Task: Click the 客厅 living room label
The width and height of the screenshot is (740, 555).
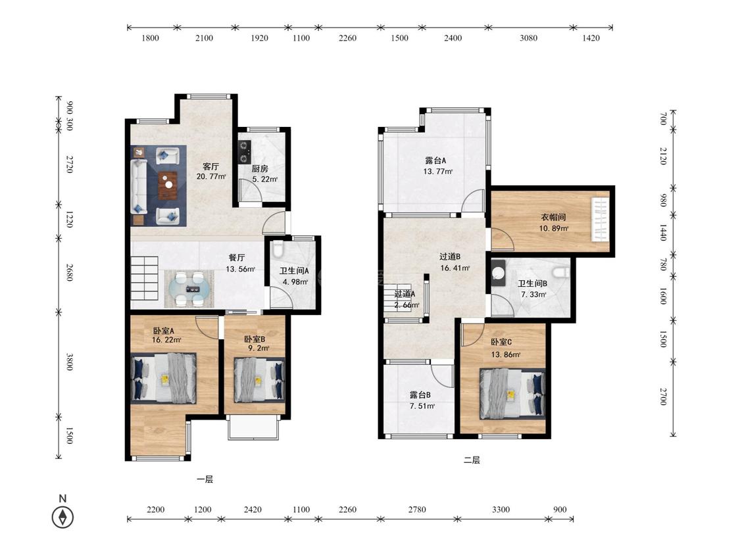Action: [211, 166]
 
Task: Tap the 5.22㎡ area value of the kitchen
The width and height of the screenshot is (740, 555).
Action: [265, 180]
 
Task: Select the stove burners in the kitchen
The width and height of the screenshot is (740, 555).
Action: [245, 152]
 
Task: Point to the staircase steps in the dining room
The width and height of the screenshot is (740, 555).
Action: [145, 278]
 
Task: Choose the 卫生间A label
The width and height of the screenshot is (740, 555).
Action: [294, 271]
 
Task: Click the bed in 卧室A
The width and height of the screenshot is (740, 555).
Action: [163, 379]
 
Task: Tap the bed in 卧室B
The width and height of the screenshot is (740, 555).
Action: [259, 380]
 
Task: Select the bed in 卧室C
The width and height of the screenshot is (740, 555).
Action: [512, 394]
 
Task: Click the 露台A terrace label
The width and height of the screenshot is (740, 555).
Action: [435, 160]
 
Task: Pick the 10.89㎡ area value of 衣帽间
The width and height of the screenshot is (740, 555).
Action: [554, 228]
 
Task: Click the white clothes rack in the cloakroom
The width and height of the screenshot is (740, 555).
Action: [601, 220]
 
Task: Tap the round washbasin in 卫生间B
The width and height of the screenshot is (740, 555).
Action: [499, 274]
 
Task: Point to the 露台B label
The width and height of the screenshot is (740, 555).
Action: [420, 395]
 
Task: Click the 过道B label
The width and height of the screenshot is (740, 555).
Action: [450, 256]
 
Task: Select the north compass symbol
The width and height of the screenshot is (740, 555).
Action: [62, 516]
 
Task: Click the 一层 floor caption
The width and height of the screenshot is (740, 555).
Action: [205, 479]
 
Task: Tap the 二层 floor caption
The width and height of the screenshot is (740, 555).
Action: [472, 460]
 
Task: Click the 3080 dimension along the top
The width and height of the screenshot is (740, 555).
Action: [529, 37]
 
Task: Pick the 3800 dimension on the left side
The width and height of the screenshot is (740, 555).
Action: [69, 362]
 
